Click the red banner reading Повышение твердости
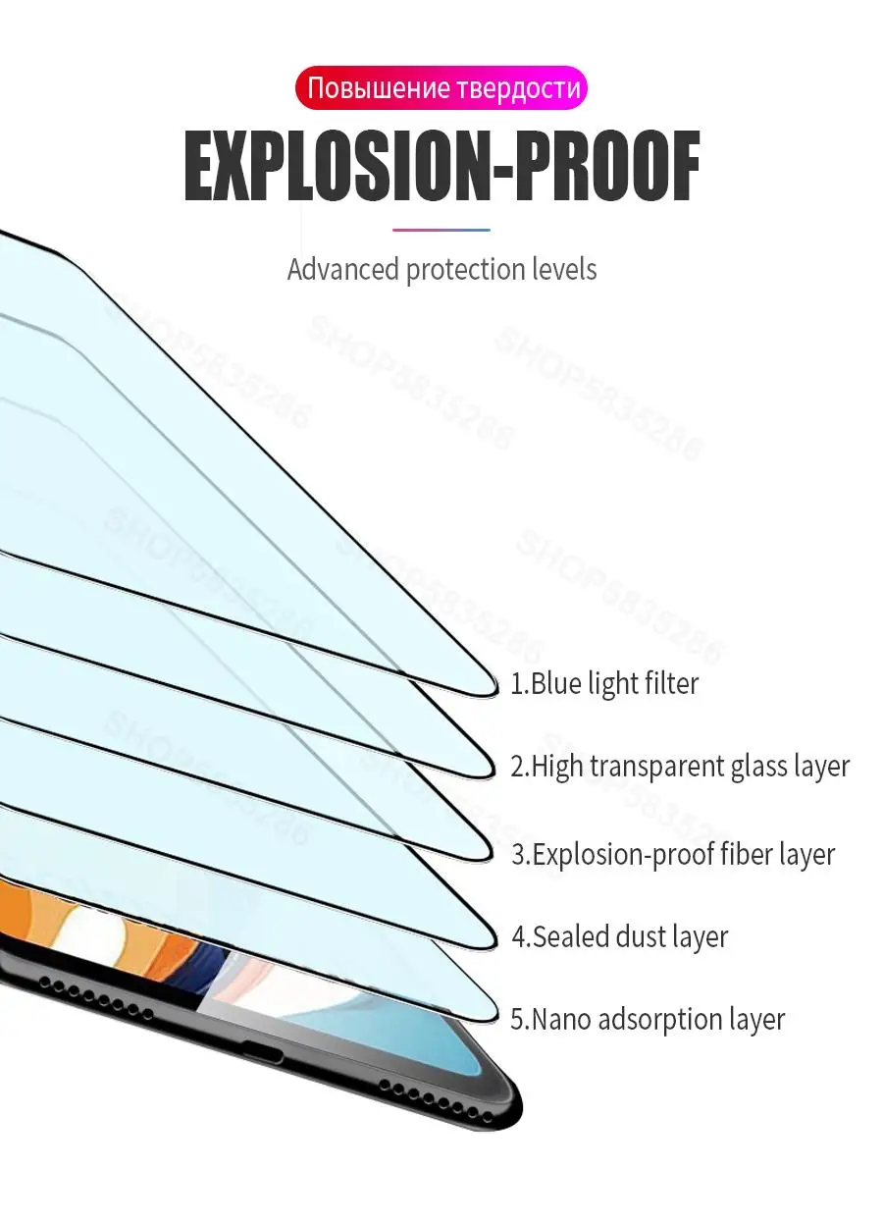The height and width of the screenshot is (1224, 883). coord(441,88)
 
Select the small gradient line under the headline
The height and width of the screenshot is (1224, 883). coord(441,230)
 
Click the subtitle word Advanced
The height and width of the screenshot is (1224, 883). coord(343,269)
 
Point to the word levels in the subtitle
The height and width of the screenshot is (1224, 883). coord(561,269)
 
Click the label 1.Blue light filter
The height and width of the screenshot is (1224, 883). coord(604,683)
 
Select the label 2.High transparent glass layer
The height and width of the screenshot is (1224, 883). coord(680,766)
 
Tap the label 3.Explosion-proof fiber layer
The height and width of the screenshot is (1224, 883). coord(673,854)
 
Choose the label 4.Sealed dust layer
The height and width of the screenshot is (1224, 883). coord(619,936)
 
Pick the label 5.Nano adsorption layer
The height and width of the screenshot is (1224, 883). coord(648,1019)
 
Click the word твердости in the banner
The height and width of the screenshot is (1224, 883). coord(518,88)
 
